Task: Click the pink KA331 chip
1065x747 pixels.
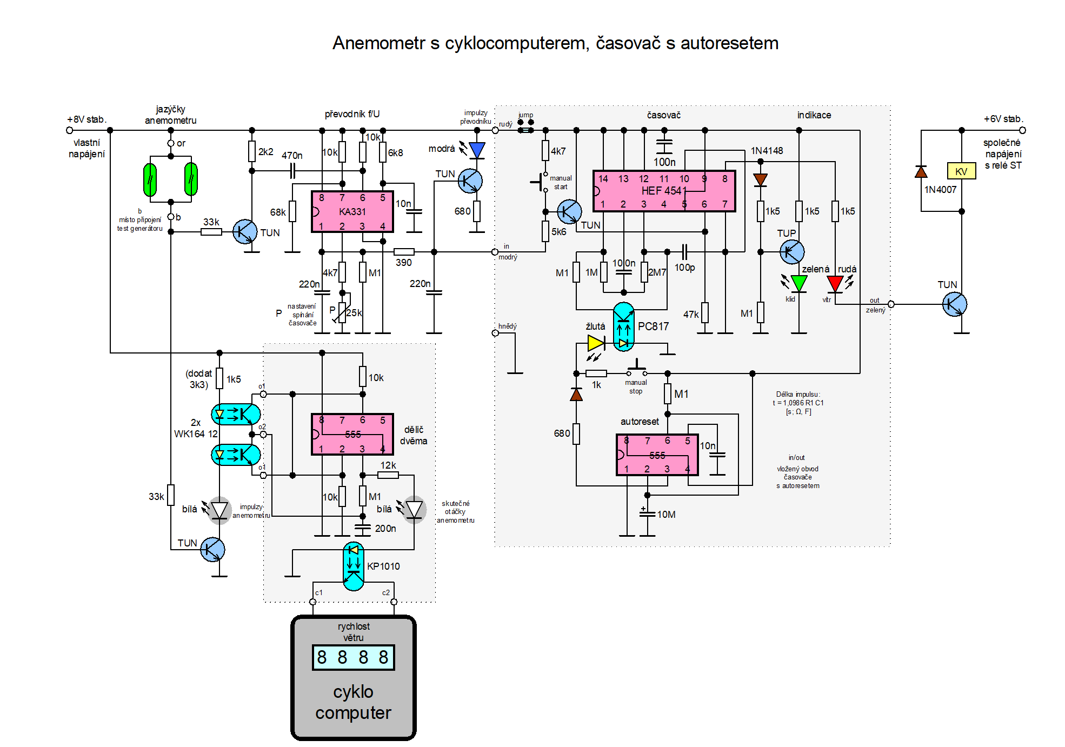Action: tap(352, 211)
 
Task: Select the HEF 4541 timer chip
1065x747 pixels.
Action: tap(664, 191)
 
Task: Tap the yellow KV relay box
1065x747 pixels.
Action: tap(961, 171)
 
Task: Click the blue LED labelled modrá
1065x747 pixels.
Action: tap(477, 150)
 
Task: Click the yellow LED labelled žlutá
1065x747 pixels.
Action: tap(596, 343)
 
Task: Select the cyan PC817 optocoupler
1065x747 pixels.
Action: tap(623, 326)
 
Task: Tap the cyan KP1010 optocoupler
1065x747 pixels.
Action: tap(354, 566)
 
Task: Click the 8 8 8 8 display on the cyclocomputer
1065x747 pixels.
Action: tap(353, 657)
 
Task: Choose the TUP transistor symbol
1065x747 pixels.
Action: tap(791, 252)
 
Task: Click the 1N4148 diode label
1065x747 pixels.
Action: tap(767, 151)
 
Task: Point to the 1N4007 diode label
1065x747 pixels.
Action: tap(940, 190)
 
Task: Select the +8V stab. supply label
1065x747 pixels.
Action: tap(86, 119)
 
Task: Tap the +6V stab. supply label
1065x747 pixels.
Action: tap(1003, 119)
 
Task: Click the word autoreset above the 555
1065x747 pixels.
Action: tap(640, 422)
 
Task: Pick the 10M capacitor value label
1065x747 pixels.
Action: tap(666, 515)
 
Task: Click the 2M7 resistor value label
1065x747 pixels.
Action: tap(657, 272)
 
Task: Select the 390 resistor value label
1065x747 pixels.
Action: tap(403, 263)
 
